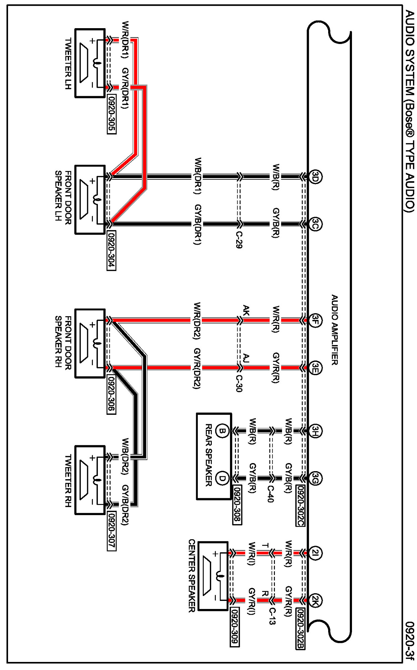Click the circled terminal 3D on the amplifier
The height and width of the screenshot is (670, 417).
pos(315,176)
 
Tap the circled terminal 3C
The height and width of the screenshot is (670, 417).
pos(315,224)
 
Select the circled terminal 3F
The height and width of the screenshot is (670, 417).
pos(315,320)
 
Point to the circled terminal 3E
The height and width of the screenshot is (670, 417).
pos(315,368)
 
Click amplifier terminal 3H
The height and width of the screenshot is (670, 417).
pos(315,431)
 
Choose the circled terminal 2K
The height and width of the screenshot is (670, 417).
pos(315,600)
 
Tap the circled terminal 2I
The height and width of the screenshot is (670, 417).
pos(315,553)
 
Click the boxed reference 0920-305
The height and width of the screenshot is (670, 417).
pos(112,114)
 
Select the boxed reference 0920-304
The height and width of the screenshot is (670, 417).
pos(112,250)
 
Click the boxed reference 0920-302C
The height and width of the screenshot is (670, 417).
pos(300,506)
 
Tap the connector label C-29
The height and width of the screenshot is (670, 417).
pos(239,239)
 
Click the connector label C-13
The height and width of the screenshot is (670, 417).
pos(272,616)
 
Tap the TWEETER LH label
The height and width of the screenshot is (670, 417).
pos(68,63)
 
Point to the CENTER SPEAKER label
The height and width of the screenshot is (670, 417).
pos(192,575)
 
